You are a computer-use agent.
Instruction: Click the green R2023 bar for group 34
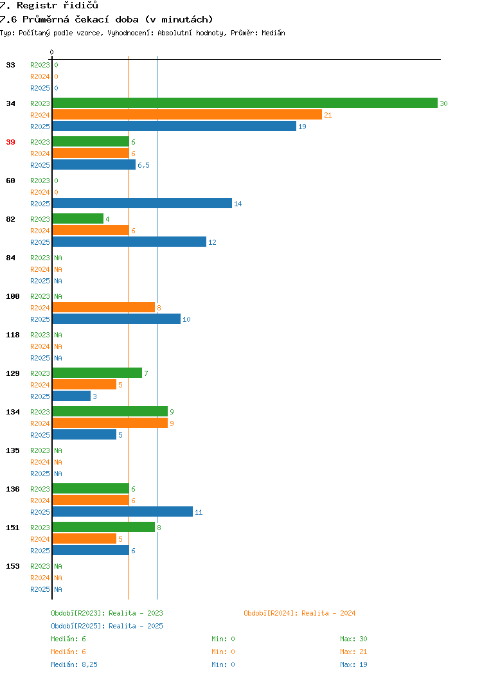click(x=245, y=103)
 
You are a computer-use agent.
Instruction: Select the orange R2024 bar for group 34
click(x=187, y=114)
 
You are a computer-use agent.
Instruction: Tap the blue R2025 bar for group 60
click(x=142, y=203)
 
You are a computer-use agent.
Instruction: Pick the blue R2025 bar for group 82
click(x=129, y=242)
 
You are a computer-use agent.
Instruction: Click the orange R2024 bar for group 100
click(x=103, y=307)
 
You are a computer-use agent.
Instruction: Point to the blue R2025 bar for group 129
click(x=71, y=396)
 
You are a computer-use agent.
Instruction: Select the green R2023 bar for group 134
click(x=110, y=411)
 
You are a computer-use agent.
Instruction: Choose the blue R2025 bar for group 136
click(x=123, y=511)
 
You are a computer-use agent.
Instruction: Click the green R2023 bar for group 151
click(x=103, y=527)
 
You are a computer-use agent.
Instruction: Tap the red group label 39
click(x=10, y=142)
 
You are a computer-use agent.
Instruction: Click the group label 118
click(x=12, y=335)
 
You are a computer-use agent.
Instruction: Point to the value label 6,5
click(x=143, y=165)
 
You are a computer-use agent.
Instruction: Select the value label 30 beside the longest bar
click(x=443, y=103)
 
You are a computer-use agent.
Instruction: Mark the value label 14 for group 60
click(x=238, y=204)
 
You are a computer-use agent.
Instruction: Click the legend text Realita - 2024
click(x=328, y=613)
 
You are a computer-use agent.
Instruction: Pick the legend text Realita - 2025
click(x=136, y=626)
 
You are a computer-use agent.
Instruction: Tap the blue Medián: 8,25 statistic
click(x=74, y=664)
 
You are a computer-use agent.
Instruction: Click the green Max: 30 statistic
click(x=353, y=639)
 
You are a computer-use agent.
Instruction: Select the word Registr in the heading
click(x=37, y=5)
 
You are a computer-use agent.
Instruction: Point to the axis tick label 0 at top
click(x=52, y=52)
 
